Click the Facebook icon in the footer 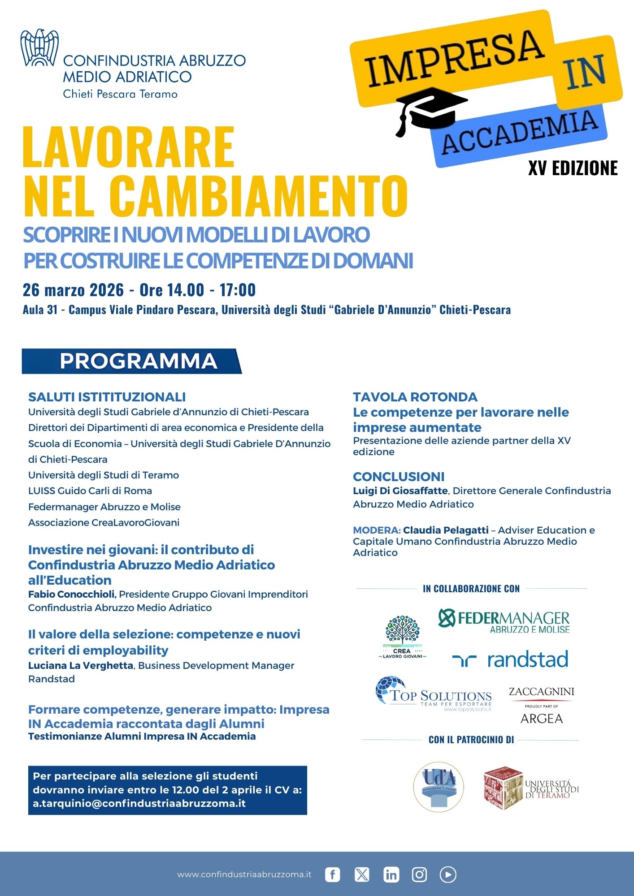(x=332, y=874)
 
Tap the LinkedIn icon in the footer (x=391, y=874)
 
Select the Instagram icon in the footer (x=419, y=874)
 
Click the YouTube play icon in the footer (x=448, y=874)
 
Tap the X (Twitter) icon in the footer (x=362, y=874)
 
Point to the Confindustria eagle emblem (x=39, y=47)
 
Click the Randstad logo (x=510, y=659)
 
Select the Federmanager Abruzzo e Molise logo (x=504, y=621)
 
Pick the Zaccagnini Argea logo (x=541, y=705)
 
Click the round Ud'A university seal (x=438, y=787)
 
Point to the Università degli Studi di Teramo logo (x=531, y=788)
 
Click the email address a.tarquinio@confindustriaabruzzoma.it (x=139, y=803)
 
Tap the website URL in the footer (x=244, y=874)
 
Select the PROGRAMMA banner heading (x=138, y=361)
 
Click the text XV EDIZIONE (x=573, y=168)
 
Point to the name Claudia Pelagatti (x=445, y=530)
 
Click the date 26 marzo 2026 (x=73, y=290)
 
